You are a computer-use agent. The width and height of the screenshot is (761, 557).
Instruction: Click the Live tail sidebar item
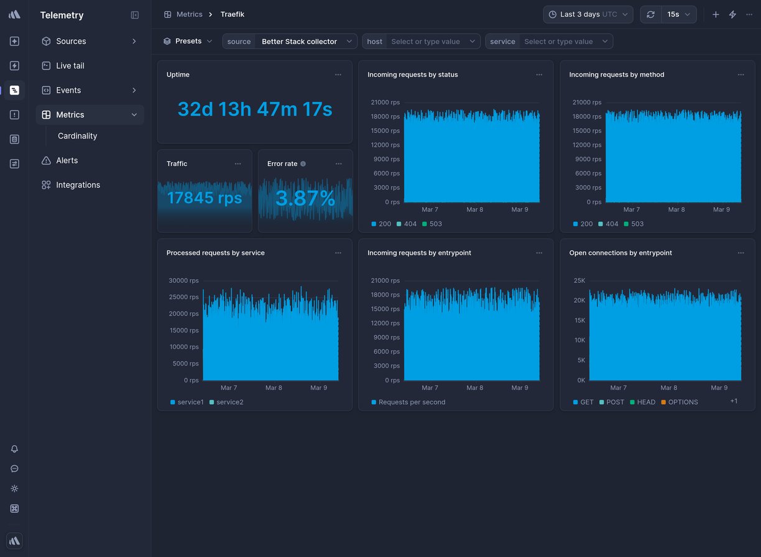(70, 66)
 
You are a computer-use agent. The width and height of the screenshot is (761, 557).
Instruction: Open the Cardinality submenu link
(77, 136)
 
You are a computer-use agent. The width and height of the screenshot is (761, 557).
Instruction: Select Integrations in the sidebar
(78, 185)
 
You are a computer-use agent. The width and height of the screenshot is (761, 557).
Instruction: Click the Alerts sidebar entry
(67, 160)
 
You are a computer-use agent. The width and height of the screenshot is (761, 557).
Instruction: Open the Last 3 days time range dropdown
(588, 14)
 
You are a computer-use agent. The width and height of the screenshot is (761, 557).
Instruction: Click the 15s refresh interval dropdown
(678, 14)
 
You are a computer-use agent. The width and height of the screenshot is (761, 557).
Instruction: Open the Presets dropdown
(188, 42)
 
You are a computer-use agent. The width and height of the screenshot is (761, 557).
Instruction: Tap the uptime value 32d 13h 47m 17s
(254, 109)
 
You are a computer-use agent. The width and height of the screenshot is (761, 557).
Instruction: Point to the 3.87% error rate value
(305, 198)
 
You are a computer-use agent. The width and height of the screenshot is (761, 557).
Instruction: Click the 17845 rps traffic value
(205, 198)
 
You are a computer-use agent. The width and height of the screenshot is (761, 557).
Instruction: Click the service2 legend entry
(229, 402)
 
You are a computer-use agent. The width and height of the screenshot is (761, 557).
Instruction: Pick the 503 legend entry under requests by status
(435, 224)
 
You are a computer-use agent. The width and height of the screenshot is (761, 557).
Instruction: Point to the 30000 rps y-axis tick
(185, 281)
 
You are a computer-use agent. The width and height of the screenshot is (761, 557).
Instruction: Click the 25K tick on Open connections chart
(579, 281)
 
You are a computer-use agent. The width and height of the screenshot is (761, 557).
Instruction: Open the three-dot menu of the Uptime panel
(338, 75)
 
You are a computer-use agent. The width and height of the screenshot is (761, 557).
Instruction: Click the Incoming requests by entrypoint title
(419, 253)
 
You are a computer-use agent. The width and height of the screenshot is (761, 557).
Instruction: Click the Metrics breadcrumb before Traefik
(189, 14)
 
